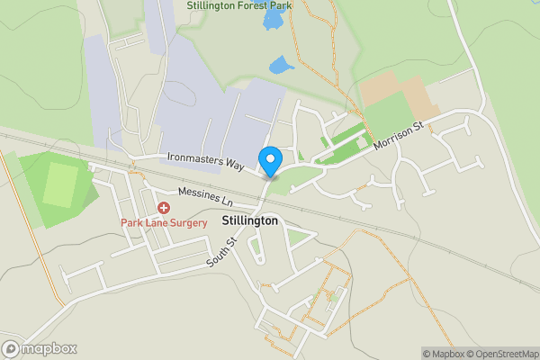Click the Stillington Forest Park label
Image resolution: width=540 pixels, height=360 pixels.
(x=241, y=5)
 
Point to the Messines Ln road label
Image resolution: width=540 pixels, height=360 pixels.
(x=205, y=196)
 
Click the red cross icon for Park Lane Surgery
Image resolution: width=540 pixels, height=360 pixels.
(x=164, y=207)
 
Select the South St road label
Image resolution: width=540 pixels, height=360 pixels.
(x=220, y=252)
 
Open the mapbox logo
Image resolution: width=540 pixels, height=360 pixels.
(x=40, y=349)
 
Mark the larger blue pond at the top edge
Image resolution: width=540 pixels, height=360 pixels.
(x=272, y=18)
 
